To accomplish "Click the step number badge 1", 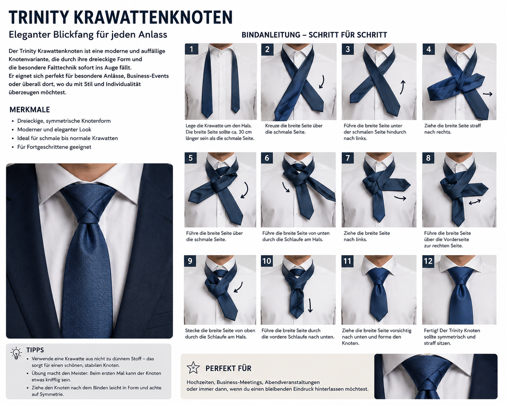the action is point(191,49).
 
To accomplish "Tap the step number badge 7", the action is point(348,158).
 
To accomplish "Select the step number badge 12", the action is point(428,261).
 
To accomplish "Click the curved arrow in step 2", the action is point(322,82).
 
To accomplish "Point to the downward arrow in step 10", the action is point(310,305).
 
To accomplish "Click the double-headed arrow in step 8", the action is point(475,202).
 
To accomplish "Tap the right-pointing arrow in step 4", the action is point(488,94).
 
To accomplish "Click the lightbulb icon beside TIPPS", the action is point(16,353).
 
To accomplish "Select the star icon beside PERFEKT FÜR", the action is point(193,368).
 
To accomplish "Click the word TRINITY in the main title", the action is point(39,17).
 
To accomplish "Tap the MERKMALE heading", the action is point(30,110).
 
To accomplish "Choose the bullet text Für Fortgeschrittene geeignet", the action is point(54,147).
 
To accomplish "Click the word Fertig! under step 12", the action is point(431,330).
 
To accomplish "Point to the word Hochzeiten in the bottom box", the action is point(200,382).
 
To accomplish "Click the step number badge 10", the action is point(267,261).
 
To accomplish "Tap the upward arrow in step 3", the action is point(402,87).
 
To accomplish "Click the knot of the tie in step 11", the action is point(379,276).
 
